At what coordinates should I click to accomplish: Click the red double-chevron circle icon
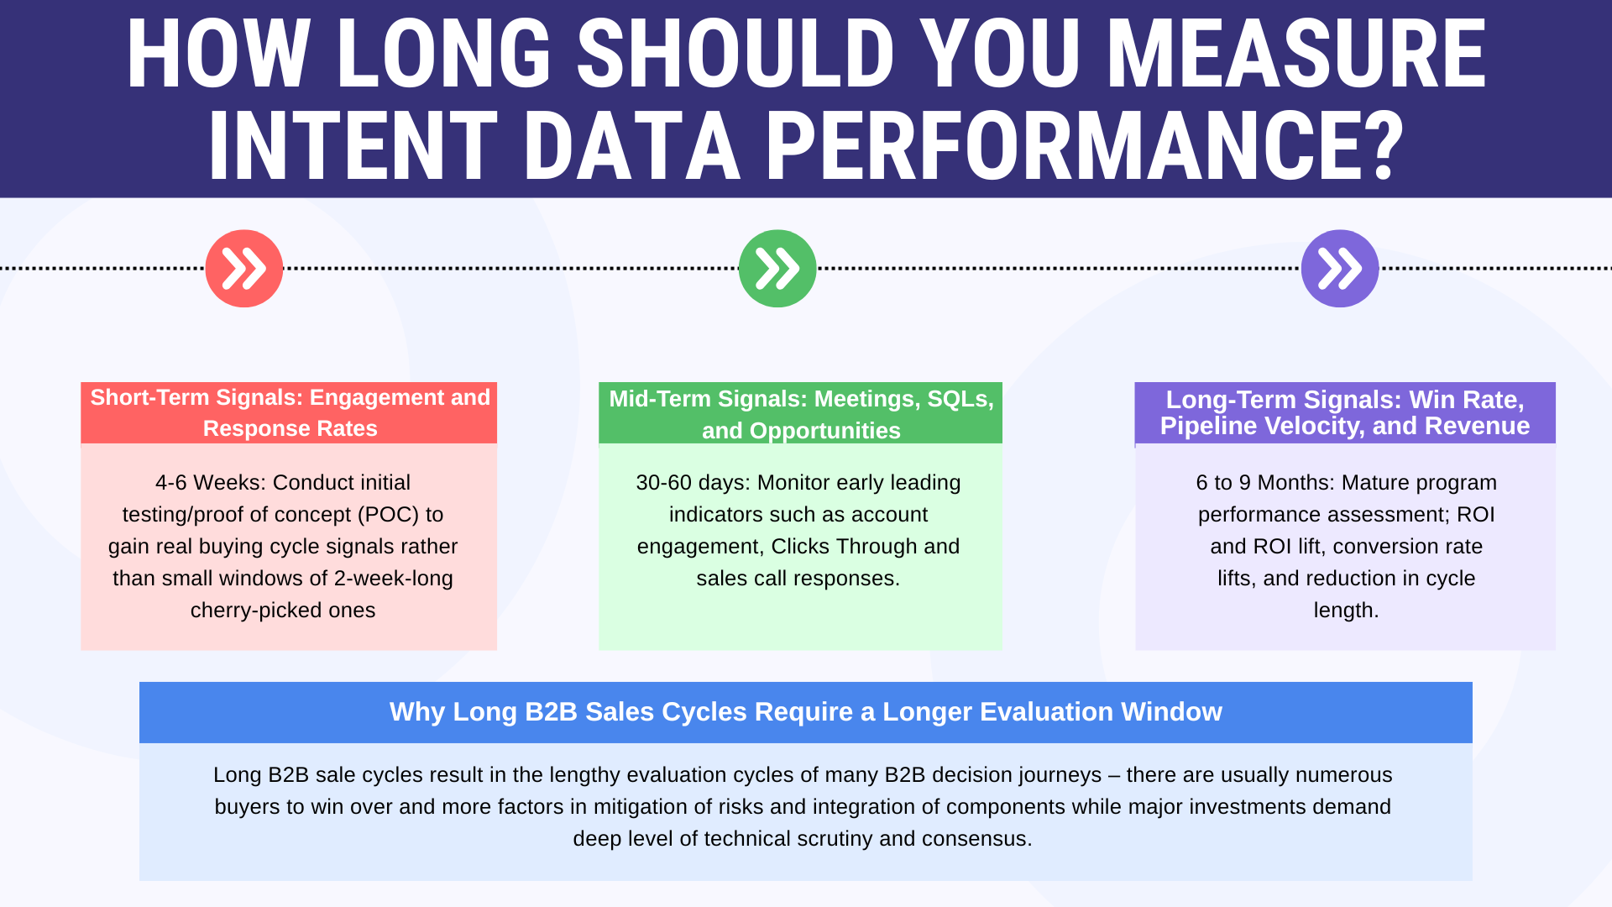pyautogui.click(x=244, y=269)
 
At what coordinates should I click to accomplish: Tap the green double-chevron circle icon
pyautogui.click(x=777, y=269)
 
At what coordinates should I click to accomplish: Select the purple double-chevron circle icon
pyautogui.click(x=1340, y=269)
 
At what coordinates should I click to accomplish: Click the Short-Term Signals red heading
pyautogui.click(x=290, y=413)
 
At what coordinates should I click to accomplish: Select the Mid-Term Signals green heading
pyautogui.click(x=801, y=414)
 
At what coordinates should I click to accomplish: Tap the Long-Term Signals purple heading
pyautogui.click(x=1345, y=413)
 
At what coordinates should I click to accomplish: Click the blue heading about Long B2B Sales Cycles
pyautogui.click(x=806, y=712)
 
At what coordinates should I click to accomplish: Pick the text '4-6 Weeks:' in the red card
pyautogui.click(x=211, y=483)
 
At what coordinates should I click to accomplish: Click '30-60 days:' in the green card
pyautogui.click(x=693, y=483)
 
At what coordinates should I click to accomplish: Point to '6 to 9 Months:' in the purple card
pyautogui.click(x=1265, y=483)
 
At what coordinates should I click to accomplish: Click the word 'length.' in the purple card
pyautogui.click(x=1346, y=611)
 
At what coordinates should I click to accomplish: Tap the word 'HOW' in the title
pyautogui.click(x=219, y=55)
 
